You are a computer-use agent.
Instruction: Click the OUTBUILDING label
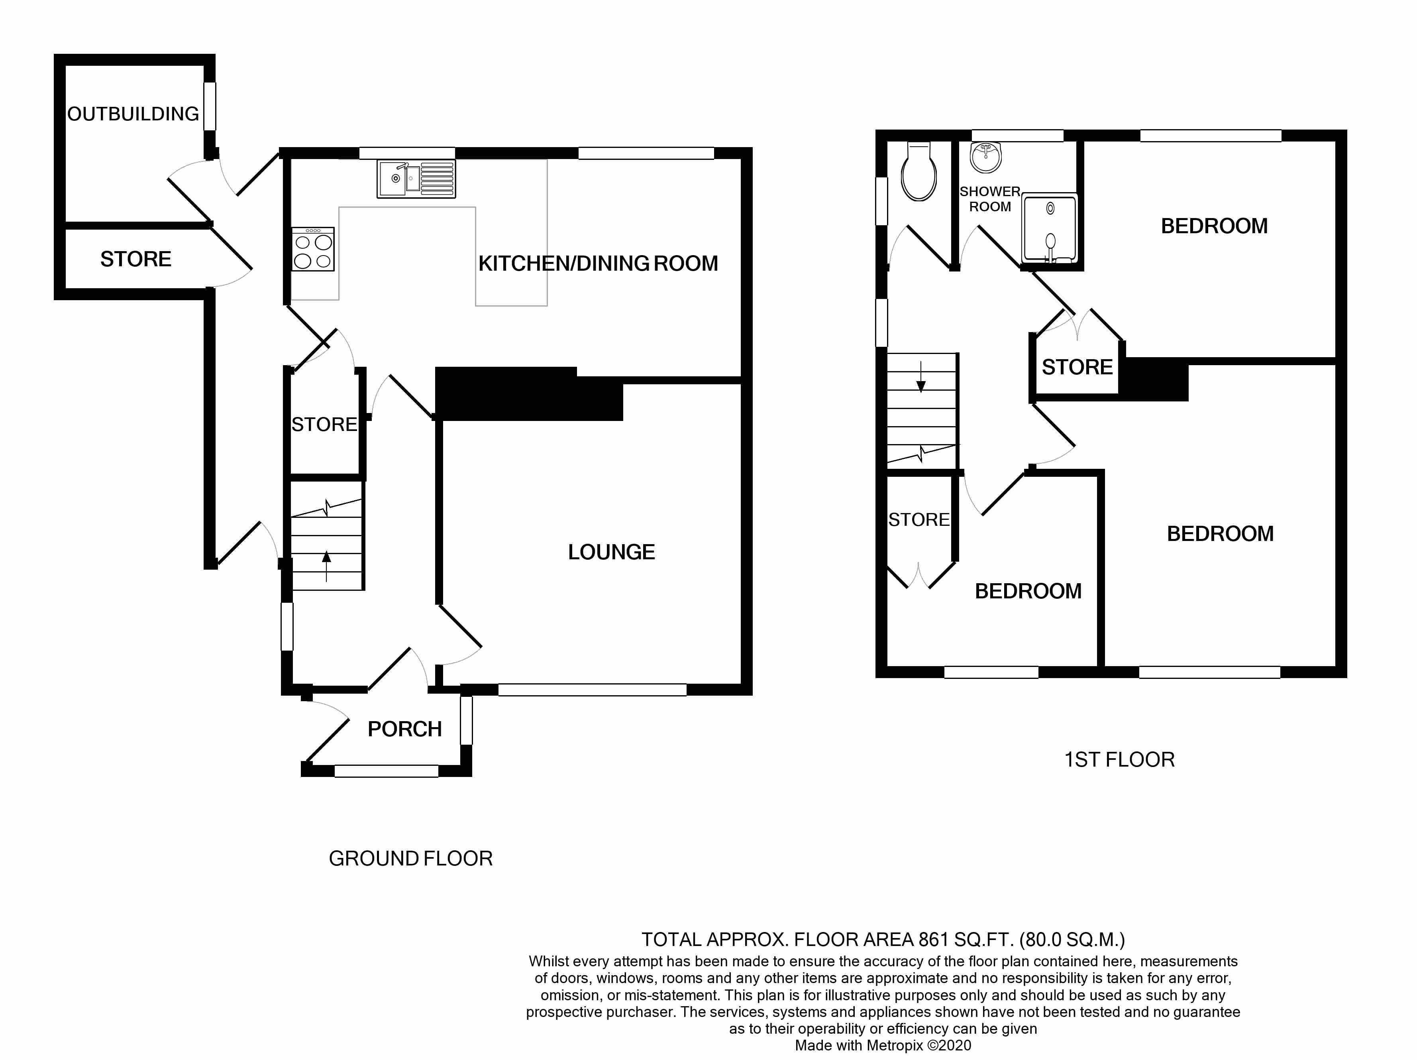tap(133, 114)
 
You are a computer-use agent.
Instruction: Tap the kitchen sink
tap(416, 179)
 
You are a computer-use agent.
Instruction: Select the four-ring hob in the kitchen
tap(313, 249)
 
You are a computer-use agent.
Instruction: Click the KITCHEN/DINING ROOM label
tap(598, 264)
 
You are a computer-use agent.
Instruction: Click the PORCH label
tap(405, 729)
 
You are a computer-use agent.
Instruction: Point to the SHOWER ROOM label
tap(990, 199)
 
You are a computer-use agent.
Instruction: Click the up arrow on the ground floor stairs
tap(327, 566)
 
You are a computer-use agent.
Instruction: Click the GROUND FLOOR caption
tap(410, 858)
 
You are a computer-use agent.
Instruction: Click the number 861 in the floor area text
tap(933, 940)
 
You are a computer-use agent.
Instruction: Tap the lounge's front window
tap(593, 690)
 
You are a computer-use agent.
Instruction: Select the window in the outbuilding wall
tap(210, 106)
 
